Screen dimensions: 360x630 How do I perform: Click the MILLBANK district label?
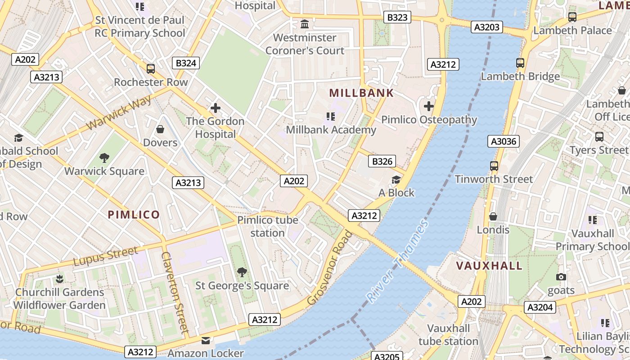point(361,93)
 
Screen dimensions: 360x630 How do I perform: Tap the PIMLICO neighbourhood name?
point(134,215)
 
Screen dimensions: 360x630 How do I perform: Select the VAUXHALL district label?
point(490,265)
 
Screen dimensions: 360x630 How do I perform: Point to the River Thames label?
point(397,261)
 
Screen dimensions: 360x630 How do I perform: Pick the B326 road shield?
point(382,161)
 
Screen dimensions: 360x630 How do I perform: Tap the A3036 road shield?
point(504,142)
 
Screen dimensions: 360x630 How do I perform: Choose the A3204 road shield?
point(540,307)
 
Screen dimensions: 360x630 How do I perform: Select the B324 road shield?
point(186,63)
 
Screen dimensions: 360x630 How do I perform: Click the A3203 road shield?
point(487,27)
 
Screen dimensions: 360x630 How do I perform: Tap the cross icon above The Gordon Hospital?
point(216,108)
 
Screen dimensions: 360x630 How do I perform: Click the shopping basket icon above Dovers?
point(160,130)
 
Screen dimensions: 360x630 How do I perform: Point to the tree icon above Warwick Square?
point(104,158)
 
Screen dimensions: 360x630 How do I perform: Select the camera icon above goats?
point(561,277)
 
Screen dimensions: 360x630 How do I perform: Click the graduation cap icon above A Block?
point(396,180)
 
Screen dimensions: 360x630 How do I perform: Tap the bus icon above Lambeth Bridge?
point(520,63)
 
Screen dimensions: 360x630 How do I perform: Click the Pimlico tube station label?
point(268,226)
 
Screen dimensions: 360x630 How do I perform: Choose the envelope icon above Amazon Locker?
point(206,341)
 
